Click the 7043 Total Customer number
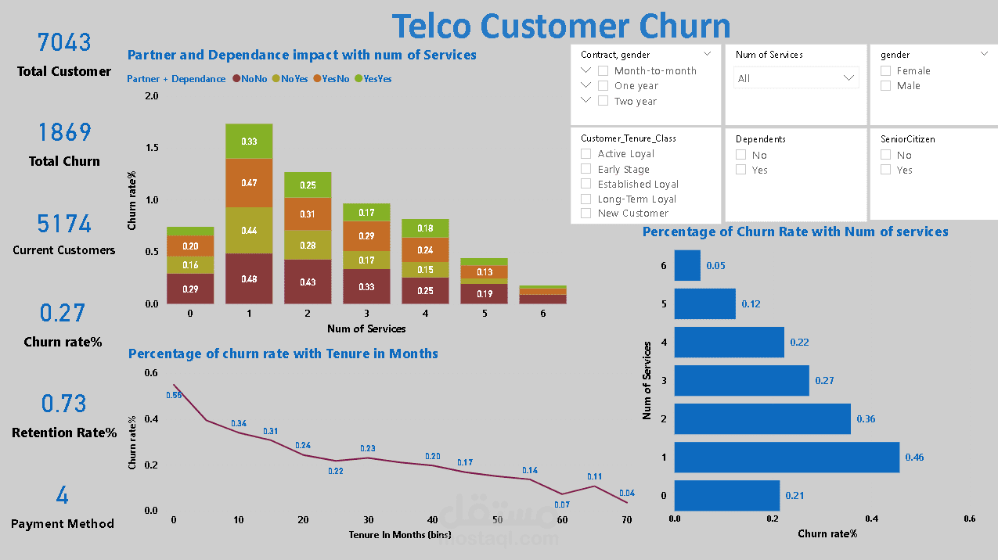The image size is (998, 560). pos(64,42)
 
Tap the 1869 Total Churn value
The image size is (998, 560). pos(64,132)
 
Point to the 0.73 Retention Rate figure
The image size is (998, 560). pos(64,404)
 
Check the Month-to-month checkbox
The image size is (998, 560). pos(603,70)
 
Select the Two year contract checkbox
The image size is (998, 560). pos(603,101)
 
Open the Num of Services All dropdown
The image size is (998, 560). pos(796,78)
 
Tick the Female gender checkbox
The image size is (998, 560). pos(886,70)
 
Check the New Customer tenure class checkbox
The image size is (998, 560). pos(586,214)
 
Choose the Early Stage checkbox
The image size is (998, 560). pos(586,169)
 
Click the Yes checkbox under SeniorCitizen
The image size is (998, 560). pos(886,170)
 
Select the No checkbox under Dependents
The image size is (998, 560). pos(741,155)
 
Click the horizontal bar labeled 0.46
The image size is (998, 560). pos(787,457)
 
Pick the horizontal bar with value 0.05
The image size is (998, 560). pos(687,266)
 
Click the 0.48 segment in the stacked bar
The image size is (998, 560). pos(249,278)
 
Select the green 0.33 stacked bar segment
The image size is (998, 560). pos(249,142)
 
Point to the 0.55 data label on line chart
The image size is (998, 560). pos(174,396)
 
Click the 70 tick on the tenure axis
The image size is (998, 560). pos(626,520)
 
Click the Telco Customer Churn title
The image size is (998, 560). pos(560,25)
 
